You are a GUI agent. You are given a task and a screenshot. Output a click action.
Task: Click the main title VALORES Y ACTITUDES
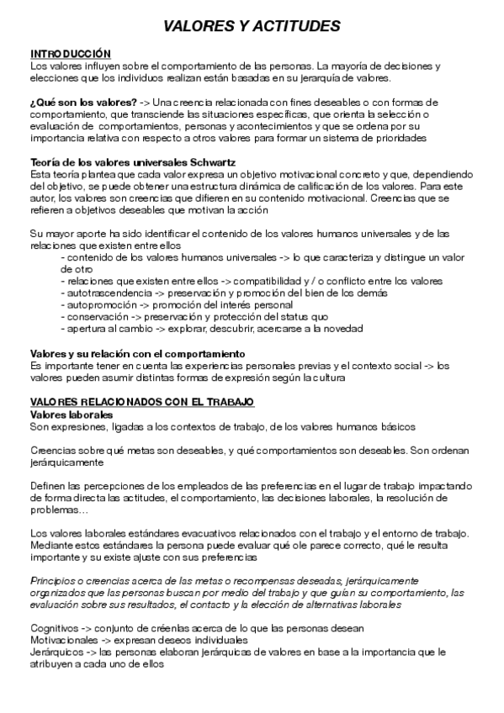pos(252,27)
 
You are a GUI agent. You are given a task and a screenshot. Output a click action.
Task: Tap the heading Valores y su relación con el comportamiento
pos(137,353)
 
